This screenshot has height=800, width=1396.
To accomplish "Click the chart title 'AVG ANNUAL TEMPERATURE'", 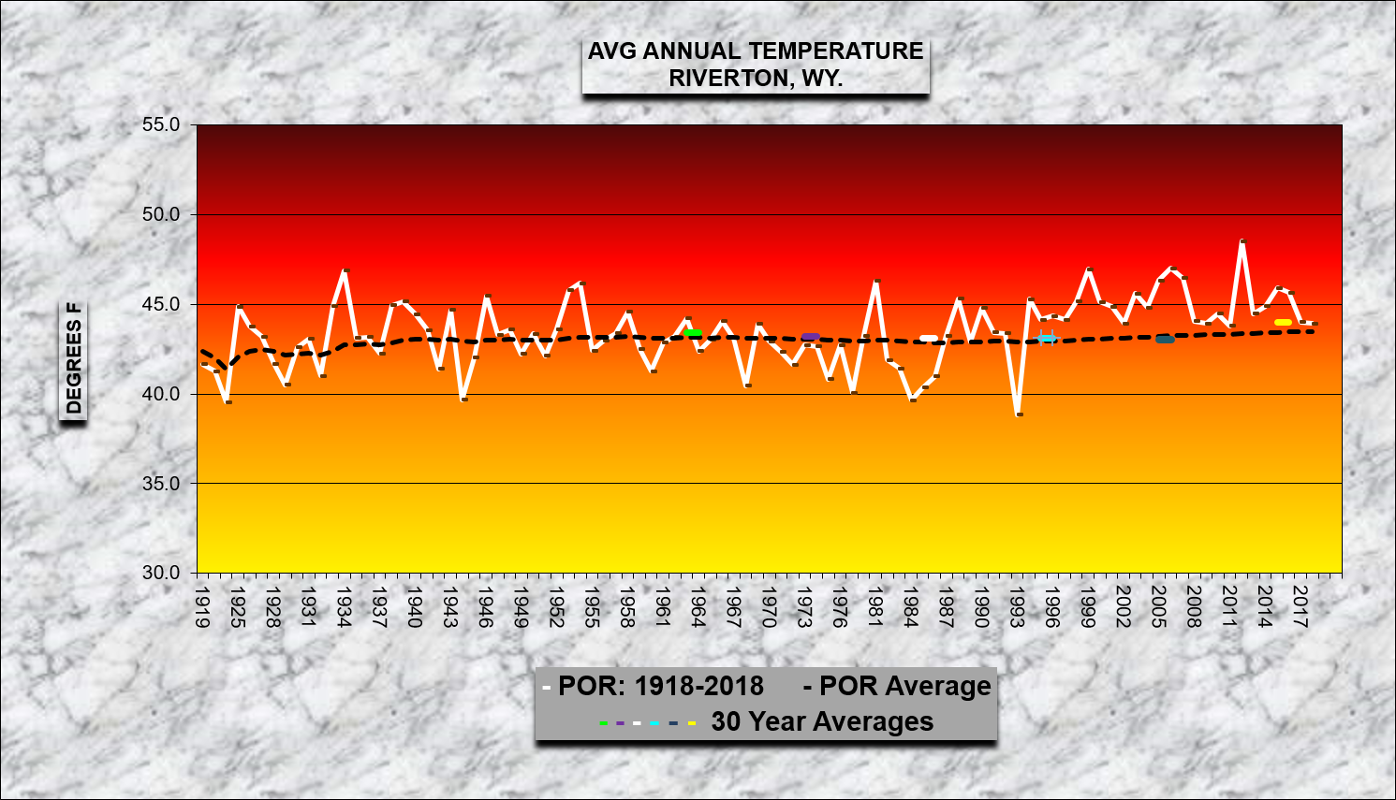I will [x=756, y=51].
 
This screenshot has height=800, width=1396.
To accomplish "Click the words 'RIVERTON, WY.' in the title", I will [x=756, y=79].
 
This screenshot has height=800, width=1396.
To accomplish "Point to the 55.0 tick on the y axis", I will [x=161, y=124].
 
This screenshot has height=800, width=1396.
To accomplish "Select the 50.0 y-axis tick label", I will [x=161, y=214].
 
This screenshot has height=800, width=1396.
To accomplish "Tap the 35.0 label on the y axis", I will [x=161, y=484].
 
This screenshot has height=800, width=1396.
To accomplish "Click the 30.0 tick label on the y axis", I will [x=161, y=573].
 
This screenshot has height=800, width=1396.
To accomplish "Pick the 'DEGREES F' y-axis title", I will [x=74, y=358].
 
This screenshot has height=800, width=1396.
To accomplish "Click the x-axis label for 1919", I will [x=202, y=607].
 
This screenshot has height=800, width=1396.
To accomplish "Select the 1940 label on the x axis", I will [x=415, y=607].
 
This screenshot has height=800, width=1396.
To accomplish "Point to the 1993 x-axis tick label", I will [x=1018, y=607].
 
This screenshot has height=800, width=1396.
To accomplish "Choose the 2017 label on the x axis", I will [x=1300, y=607].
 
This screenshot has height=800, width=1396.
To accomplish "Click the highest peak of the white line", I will [x=1242, y=241].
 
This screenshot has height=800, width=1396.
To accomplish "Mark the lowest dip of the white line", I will [x=1019, y=414].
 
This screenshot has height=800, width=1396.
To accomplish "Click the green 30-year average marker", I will [x=693, y=332].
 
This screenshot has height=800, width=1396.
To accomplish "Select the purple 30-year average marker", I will [x=810, y=336].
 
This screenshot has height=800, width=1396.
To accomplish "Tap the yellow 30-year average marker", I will [x=1283, y=323].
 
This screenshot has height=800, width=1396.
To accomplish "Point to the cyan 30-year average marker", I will [x=1046, y=338].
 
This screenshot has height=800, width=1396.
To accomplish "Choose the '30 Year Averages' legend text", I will [x=822, y=721].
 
